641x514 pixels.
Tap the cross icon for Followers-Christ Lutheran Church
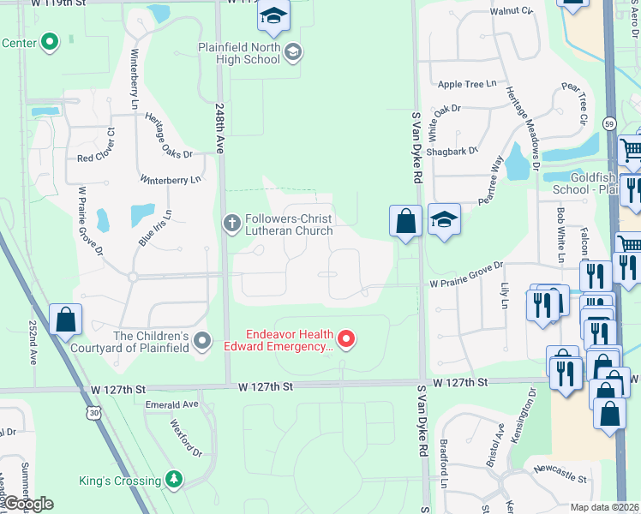231,224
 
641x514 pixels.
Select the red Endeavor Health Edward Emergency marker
346,340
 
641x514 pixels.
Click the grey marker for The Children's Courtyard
202,342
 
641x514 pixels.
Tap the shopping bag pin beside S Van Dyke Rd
406,221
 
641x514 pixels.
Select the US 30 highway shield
92,413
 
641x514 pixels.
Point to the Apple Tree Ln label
467,84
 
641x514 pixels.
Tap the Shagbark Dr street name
451,151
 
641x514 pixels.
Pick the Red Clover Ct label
96,158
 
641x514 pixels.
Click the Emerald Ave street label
171,404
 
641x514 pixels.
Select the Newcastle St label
558,470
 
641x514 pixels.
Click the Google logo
28,504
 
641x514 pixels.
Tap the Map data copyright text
604,507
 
